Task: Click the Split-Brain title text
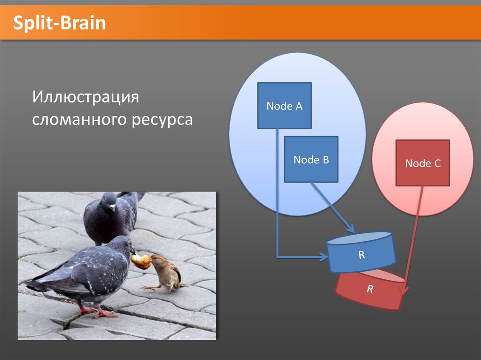coord(60,23)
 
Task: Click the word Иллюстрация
coord(85,97)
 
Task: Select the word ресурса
coord(162,120)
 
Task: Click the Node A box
coord(284,106)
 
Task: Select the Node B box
coord(311,159)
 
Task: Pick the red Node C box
coord(423,163)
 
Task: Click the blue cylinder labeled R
coord(361,253)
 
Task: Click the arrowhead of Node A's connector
coord(324,256)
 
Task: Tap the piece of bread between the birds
coord(141,261)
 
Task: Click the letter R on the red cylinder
coord(370,289)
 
